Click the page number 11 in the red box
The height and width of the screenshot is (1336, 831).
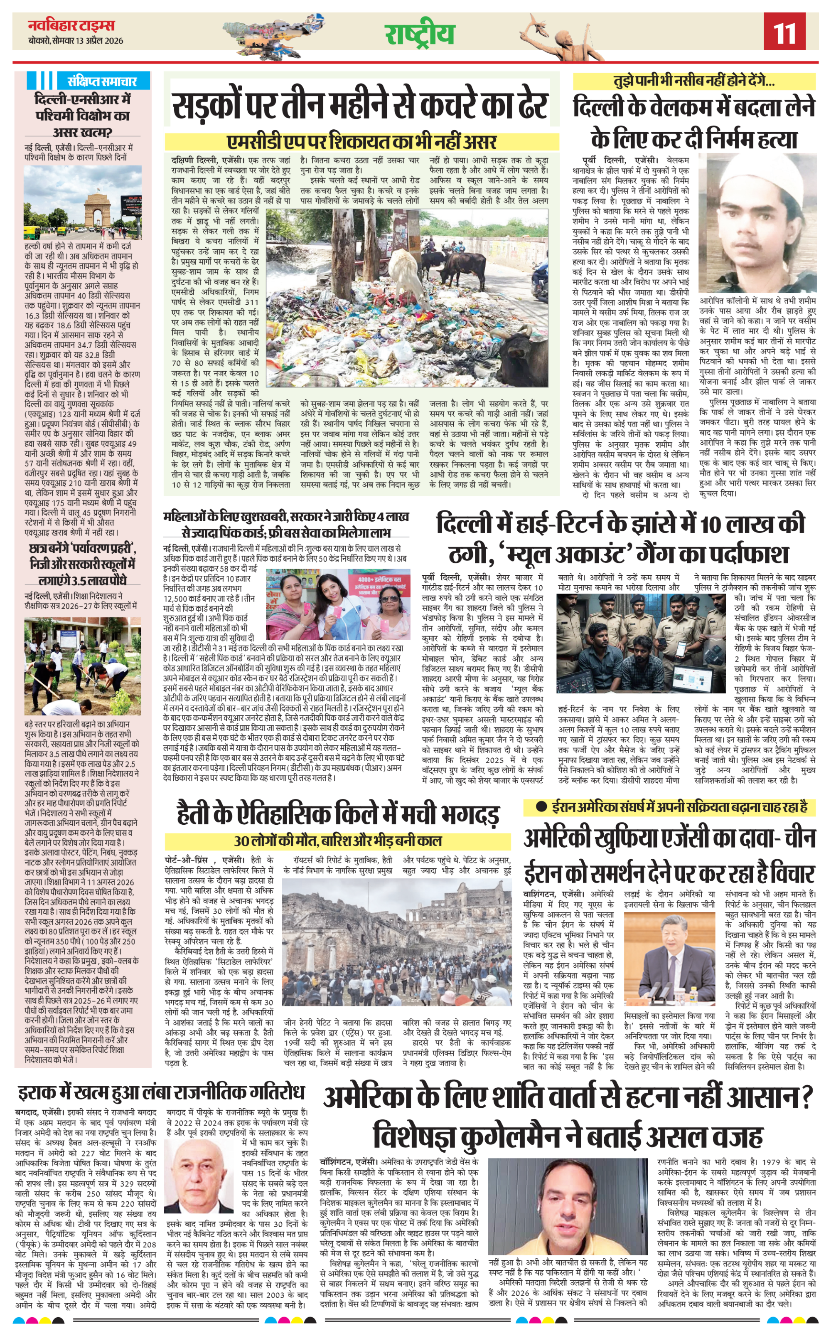point(784,32)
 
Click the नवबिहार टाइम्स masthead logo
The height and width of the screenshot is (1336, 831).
point(71,25)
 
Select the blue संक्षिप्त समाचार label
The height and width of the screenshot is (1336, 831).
point(102,81)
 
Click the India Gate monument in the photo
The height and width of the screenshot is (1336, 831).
point(96,205)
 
